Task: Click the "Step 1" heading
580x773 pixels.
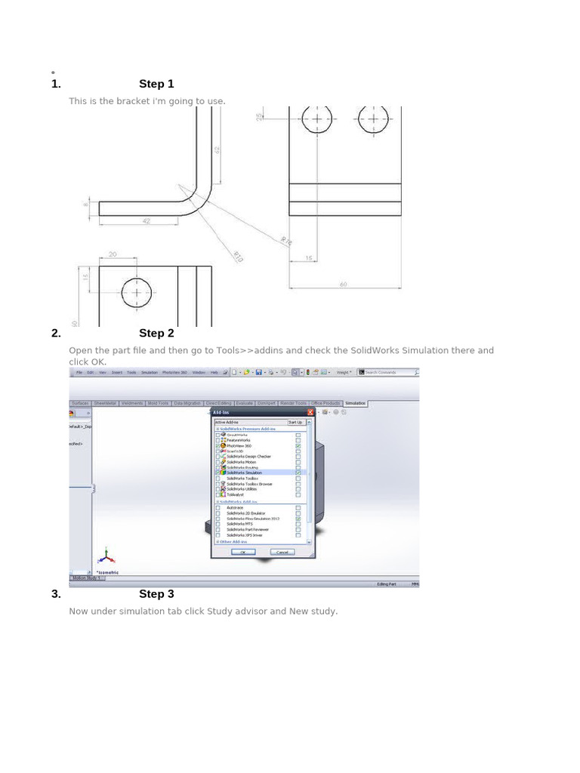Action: point(156,84)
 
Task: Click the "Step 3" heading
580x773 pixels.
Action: point(156,594)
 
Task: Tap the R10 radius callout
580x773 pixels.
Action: point(238,257)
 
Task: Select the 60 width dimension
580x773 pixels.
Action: point(344,285)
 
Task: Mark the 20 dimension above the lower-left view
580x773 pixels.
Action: point(113,254)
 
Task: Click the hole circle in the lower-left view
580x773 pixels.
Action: point(136,293)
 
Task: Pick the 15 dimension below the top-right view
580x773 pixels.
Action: point(310,258)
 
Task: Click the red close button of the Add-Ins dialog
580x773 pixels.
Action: point(310,412)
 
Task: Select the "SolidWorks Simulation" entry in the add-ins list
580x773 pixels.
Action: point(242,473)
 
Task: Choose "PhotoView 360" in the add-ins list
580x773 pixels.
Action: point(239,446)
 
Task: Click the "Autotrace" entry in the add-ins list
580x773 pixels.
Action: point(235,507)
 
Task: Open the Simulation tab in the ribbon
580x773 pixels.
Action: point(355,403)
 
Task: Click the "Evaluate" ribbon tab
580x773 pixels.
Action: point(244,403)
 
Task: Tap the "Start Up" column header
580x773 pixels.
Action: point(295,422)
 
